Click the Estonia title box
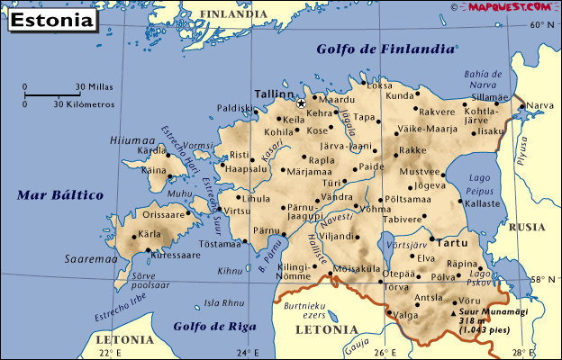click(50, 20)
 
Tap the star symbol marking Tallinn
click(301, 103)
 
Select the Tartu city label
click(451, 242)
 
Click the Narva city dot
click(521, 106)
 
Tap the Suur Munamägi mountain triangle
click(452, 313)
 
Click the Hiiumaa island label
click(131, 140)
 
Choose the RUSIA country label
click(526, 228)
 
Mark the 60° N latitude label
click(542, 25)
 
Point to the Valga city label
click(406, 315)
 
